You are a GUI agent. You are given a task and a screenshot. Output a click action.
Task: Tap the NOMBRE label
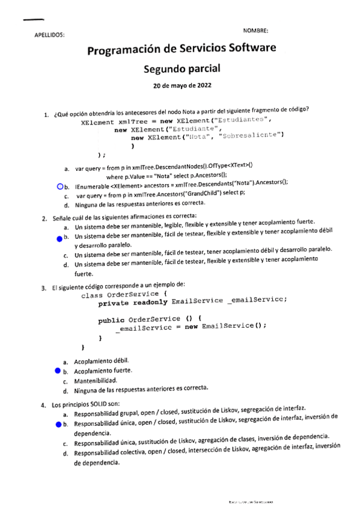tap(255, 30)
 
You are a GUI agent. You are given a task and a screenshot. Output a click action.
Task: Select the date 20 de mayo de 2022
tap(182, 85)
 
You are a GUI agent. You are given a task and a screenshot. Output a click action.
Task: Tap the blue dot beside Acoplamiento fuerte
tap(58, 372)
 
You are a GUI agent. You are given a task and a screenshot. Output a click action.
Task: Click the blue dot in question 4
tap(59, 425)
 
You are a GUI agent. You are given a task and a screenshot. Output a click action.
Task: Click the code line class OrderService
tap(121, 295)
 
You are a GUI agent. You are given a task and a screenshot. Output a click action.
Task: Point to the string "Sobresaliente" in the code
tap(252, 137)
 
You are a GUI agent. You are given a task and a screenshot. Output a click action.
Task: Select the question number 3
tap(44, 287)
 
